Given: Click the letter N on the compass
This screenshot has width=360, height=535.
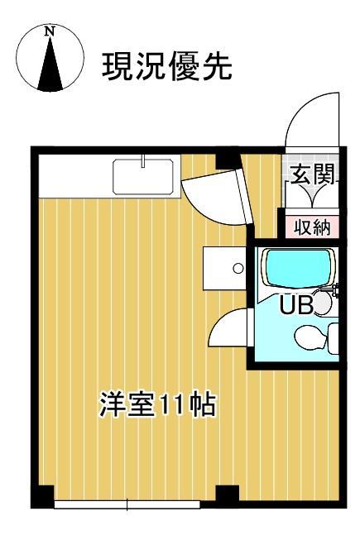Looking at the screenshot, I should pos(50,31).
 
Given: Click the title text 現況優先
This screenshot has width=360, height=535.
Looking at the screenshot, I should pos(166,66).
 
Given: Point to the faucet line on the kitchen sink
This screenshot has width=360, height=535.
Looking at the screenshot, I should pos(143,160).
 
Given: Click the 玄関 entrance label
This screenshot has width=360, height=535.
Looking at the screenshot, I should pos(310,174).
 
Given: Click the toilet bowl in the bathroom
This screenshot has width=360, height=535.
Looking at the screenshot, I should pos(310,337).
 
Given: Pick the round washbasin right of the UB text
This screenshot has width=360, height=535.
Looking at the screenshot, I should pos(323,304).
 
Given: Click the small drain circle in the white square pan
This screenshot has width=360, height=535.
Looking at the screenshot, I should pos(238,269).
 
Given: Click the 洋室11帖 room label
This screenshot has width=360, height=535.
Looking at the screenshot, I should pos(157,405).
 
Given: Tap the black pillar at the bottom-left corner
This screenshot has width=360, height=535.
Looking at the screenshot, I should pos(42,496).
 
